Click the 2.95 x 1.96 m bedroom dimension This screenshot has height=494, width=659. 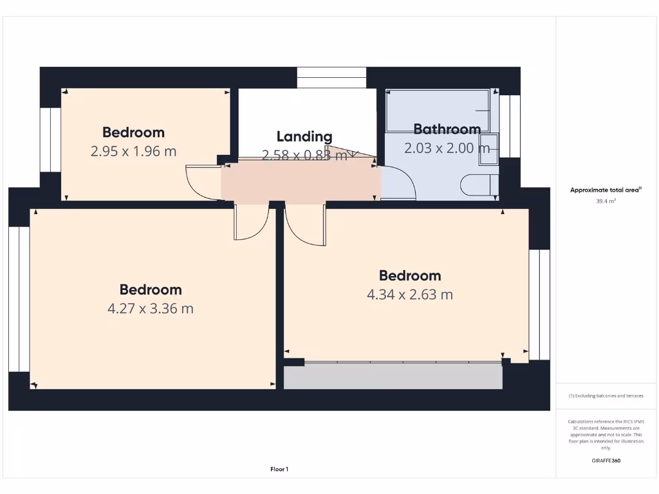tap(133, 152)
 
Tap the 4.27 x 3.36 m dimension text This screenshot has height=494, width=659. tap(150, 309)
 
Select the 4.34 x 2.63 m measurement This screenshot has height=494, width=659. tap(409, 295)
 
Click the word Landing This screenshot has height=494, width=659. tap(304, 136)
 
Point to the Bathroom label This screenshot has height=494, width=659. tap(447, 129)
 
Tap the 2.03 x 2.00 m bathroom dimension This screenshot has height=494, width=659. tap(447, 148)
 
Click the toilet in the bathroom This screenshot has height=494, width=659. tap(478, 184)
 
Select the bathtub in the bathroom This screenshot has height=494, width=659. tap(438, 111)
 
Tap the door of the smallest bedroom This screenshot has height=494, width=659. tap(202, 183)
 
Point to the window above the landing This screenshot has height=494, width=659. tap(331, 77)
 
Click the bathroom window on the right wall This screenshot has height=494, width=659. tap(509, 126)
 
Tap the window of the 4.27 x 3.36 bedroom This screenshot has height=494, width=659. tap(19, 299)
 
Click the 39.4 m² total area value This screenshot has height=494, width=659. tap(606, 201)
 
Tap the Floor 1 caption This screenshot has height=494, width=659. tap(279, 470)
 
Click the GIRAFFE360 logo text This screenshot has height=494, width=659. tap(606, 461)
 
